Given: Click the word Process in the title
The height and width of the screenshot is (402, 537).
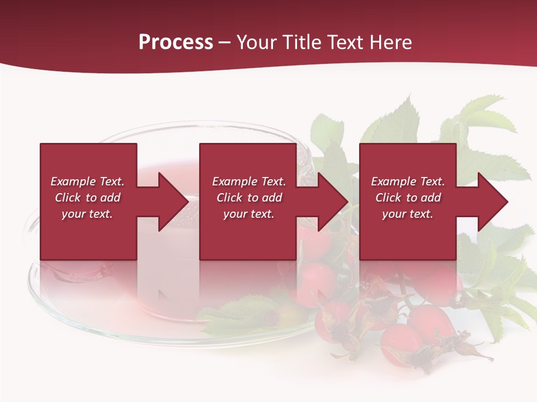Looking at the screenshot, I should pos(176,42).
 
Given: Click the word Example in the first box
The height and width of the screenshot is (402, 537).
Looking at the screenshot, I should pos(73,181).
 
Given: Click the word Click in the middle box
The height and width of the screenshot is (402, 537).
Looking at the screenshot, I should pos(229,198).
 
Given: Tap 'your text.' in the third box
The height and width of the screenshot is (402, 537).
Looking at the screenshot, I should pos(407,214).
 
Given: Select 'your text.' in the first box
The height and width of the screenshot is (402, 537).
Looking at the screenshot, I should pos(87,214).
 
